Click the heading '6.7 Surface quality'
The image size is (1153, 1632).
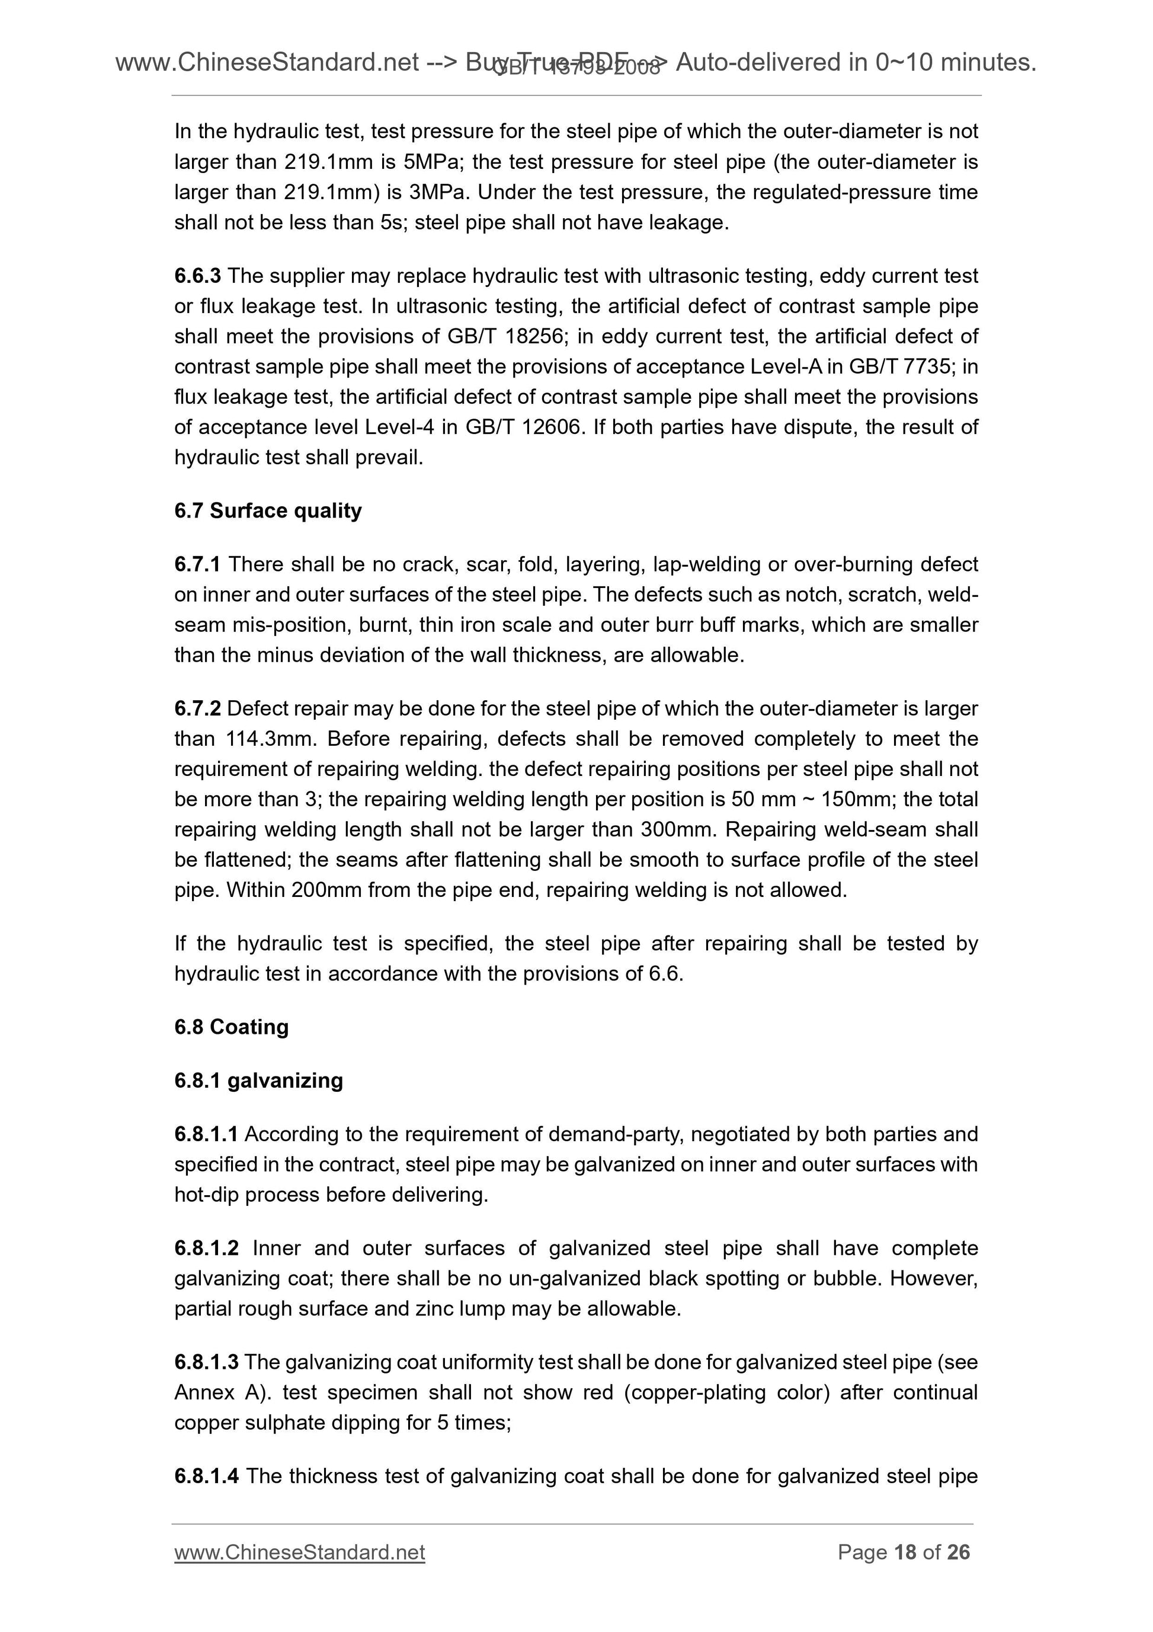[268, 510]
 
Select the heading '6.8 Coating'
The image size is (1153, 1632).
[231, 1026]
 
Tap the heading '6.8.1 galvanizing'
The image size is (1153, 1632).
[258, 1081]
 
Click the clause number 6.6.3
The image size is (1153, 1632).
[197, 276]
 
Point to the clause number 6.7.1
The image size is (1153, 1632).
[197, 564]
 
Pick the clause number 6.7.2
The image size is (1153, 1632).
[197, 708]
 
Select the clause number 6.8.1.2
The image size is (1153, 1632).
[206, 1248]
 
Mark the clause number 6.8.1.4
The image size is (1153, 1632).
[206, 1476]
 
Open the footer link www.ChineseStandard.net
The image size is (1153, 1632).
[299, 1553]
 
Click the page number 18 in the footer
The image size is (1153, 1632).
[905, 1553]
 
